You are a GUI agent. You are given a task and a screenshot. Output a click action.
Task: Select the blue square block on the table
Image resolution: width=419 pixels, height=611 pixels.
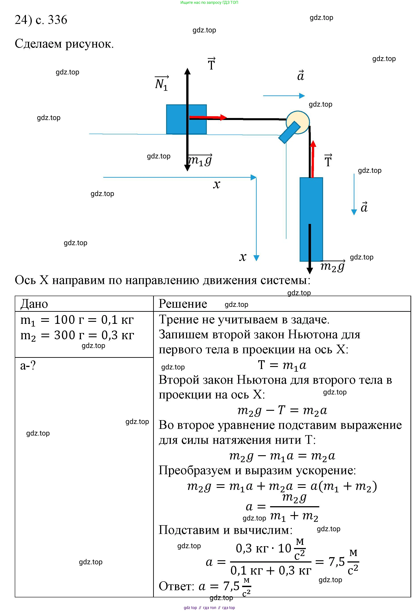click(176, 120)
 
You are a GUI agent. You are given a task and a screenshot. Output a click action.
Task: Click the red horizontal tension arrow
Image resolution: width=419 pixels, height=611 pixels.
click(208, 117)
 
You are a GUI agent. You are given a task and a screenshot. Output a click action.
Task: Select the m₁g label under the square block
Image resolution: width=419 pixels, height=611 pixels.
click(200, 160)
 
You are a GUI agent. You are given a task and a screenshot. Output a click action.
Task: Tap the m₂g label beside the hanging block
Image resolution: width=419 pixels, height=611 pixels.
click(332, 266)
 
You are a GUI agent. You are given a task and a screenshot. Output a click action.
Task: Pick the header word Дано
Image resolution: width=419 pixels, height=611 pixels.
click(34, 304)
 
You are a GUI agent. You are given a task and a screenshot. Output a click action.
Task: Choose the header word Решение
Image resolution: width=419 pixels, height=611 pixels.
click(183, 304)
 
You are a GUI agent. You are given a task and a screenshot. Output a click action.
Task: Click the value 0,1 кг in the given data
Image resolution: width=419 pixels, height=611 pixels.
click(117, 320)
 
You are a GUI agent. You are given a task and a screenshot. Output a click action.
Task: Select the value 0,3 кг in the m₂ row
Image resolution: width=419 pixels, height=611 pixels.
click(118, 335)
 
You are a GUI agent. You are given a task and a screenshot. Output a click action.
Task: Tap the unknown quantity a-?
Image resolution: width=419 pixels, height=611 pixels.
click(28, 365)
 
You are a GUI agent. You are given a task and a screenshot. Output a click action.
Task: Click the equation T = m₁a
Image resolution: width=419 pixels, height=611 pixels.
click(282, 365)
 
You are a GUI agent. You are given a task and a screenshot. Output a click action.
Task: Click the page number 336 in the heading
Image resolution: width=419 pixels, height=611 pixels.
click(58, 20)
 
